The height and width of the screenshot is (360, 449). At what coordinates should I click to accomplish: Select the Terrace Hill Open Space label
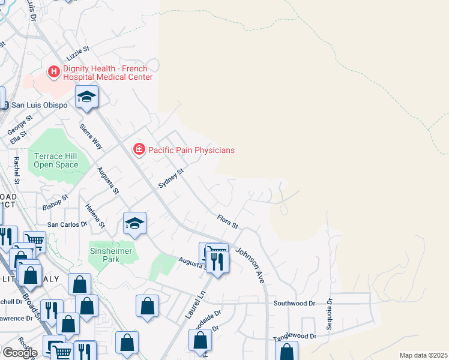[x=56, y=160]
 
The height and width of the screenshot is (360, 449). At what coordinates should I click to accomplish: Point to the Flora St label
[x=228, y=222]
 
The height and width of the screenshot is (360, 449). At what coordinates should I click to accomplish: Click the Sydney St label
[x=170, y=179]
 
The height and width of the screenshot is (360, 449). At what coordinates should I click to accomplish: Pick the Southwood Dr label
[x=294, y=304]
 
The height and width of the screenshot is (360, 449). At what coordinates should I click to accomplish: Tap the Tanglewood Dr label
[x=295, y=337]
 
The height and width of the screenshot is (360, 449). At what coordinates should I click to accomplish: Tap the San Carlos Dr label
[x=67, y=224]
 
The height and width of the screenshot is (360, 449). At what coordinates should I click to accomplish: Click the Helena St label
[x=94, y=216]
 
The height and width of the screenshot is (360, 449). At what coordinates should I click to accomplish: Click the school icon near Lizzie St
[x=86, y=97]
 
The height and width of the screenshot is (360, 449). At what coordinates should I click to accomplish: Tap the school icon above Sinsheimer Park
[x=135, y=224]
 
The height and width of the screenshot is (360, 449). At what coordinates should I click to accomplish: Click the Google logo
[x=19, y=353]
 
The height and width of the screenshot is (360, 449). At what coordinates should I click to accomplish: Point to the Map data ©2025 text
[x=423, y=355]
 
